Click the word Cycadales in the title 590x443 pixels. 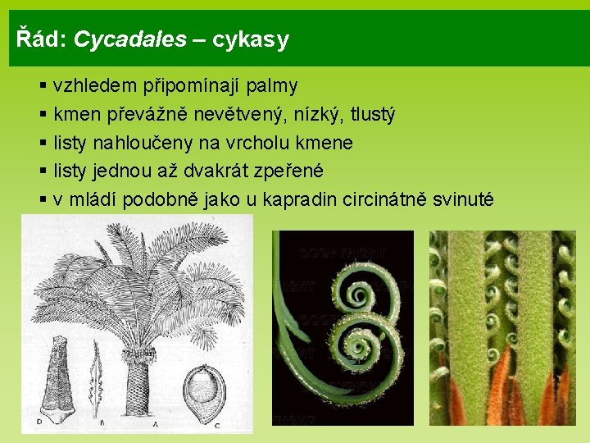[x=129, y=39]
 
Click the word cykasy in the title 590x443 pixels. [x=250, y=40]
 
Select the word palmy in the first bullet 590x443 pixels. [x=271, y=85]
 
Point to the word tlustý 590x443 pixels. [x=371, y=114]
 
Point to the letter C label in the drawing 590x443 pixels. [x=216, y=424]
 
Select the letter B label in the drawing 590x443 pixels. [x=102, y=424]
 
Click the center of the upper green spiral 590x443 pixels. [x=359, y=291]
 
